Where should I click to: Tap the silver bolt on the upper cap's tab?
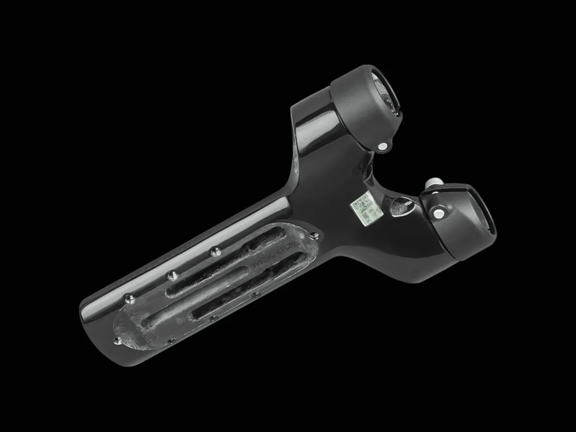click(383, 146)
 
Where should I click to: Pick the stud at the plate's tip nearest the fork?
click(314, 236)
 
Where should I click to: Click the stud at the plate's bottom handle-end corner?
click(117, 341)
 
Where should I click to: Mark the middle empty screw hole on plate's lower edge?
click(255, 294)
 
